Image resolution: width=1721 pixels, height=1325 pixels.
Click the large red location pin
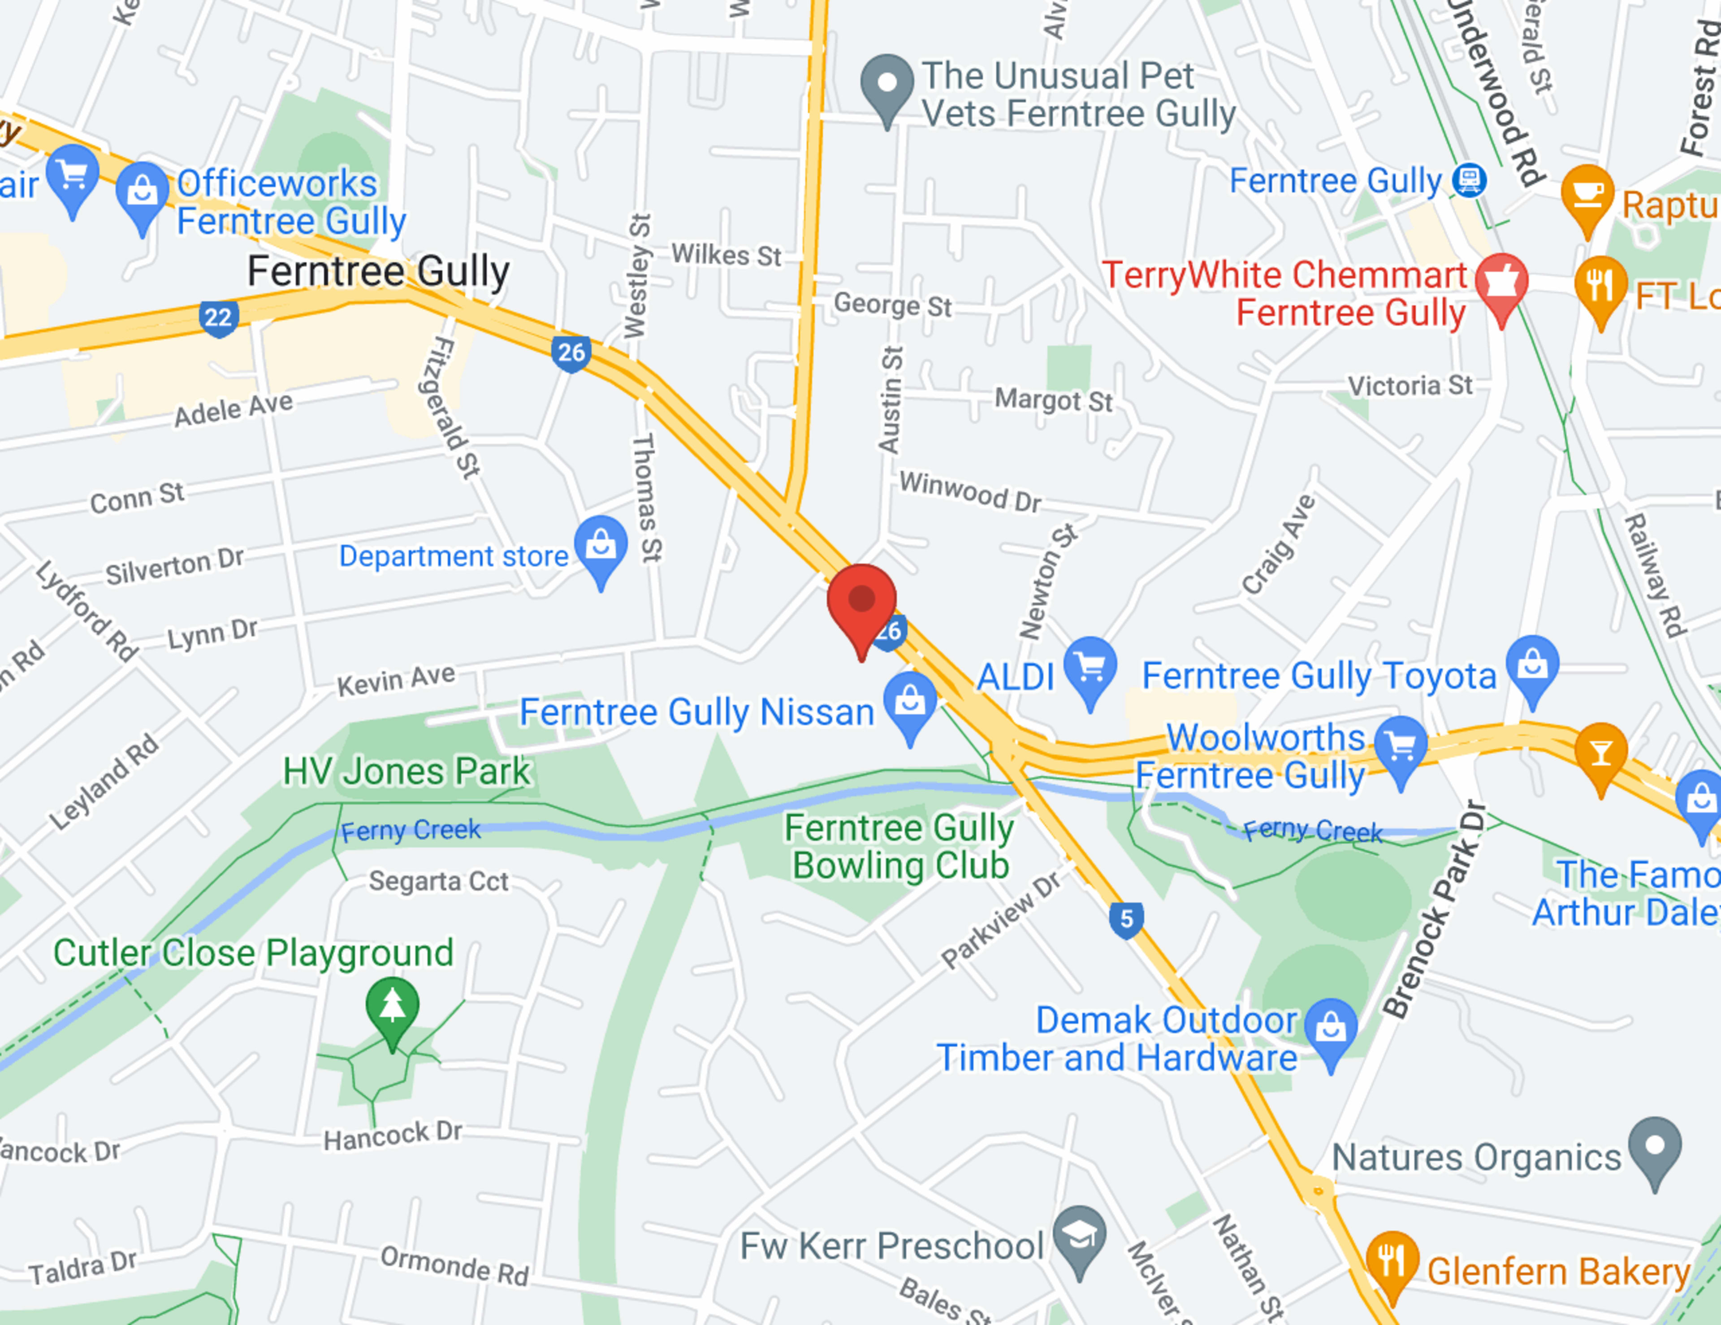click(x=861, y=603)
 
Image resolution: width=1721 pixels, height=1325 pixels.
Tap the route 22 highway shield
click(x=218, y=317)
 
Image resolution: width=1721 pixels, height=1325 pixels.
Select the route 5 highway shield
click(x=1126, y=919)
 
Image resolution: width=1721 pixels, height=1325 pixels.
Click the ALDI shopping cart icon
click(x=1090, y=667)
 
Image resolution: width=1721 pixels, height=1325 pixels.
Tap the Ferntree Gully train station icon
click(x=1469, y=180)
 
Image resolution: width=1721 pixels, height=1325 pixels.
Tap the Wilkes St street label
click(x=726, y=256)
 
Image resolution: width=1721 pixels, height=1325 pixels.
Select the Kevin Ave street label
click(x=396, y=680)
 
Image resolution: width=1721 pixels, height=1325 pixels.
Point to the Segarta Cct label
click(x=438, y=881)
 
